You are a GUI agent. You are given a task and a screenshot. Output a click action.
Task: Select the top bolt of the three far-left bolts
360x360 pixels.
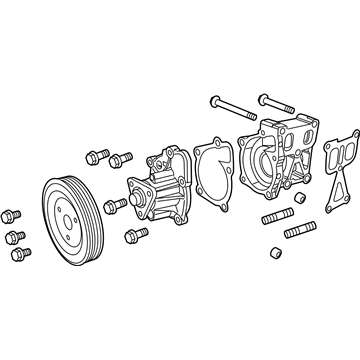[x=12, y=214]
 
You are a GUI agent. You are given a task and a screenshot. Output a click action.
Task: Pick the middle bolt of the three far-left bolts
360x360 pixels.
[x=14, y=235]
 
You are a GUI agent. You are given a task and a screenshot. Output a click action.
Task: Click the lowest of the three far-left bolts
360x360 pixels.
[x=19, y=254]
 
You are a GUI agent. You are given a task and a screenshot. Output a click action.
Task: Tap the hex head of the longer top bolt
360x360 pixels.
[x=215, y=101]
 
